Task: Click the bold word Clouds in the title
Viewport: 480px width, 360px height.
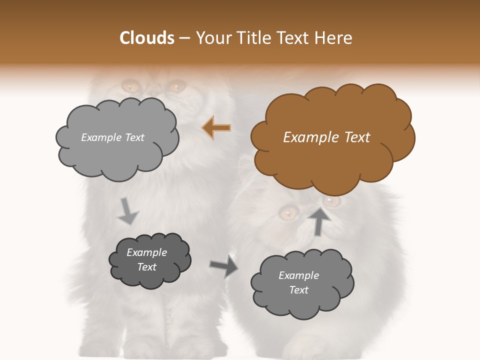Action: [x=146, y=38]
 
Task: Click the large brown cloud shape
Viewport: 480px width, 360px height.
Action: [x=332, y=138]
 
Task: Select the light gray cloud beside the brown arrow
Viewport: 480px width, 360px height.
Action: [x=116, y=138]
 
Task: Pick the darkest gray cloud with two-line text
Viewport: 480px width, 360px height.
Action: [x=149, y=260]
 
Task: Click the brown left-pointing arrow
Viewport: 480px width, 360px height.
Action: [x=216, y=128]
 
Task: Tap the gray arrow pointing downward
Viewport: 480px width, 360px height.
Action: [x=127, y=211]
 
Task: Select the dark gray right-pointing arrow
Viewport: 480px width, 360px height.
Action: [x=223, y=266]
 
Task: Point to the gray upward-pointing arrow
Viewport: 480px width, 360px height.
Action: [x=319, y=220]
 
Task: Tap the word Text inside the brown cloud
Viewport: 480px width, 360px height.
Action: [x=357, y=137]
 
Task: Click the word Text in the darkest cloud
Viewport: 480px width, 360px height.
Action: [x=146, y=267]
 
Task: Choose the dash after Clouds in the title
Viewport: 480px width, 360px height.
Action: [x=184, y=38]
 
